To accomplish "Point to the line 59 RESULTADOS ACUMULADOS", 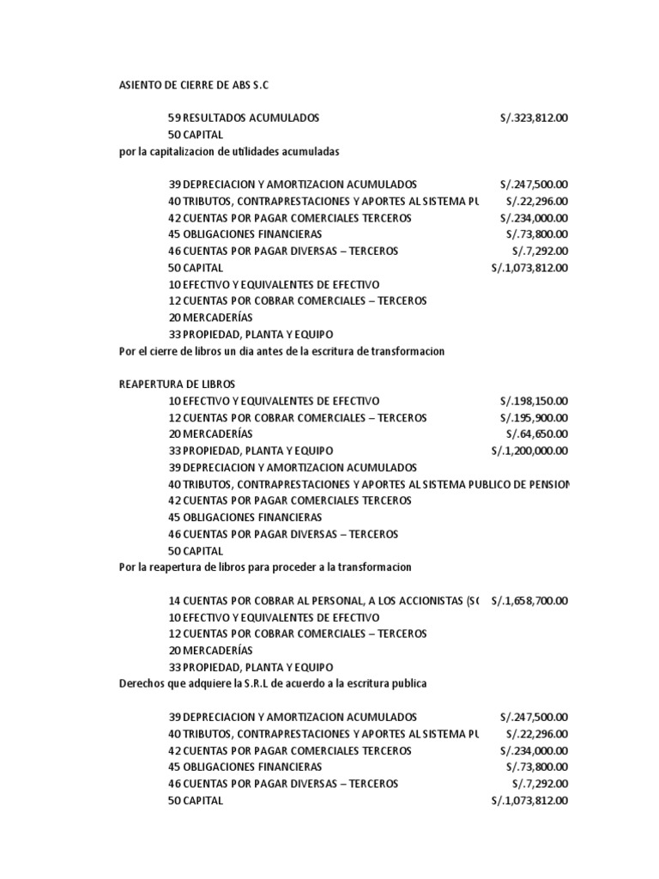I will (x=245, y=118).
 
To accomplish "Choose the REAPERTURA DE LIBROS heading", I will (x=176, y=385).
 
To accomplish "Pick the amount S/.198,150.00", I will (x=535, y=401).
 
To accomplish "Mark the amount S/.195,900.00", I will (x=535, y=418).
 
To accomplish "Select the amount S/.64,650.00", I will (x=537, y=434).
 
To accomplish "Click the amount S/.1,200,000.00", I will (x=529, y=451).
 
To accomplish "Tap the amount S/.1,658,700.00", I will (x=529, y=601).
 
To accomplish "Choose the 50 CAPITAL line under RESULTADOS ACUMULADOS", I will (x=196, y=135).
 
